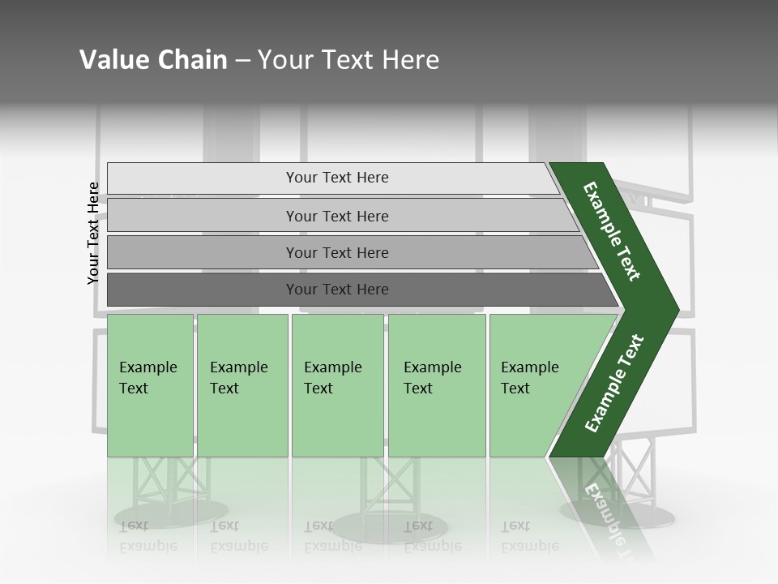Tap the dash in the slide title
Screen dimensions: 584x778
(x=242, y=61)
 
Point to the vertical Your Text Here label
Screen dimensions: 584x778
(x=93, y=233)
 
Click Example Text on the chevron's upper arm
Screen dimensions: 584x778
(x=612, y=231)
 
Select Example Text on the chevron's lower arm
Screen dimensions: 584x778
(x=613, y=384)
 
